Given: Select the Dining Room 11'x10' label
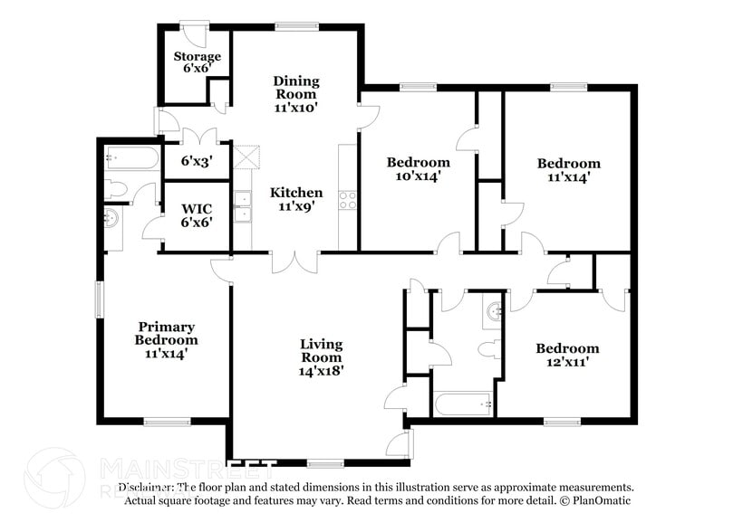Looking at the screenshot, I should click(295, 94).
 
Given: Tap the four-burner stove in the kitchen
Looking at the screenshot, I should click(348, 200).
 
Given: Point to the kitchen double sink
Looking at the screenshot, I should click(242, 207).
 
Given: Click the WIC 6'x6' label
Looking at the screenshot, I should click(197, 214).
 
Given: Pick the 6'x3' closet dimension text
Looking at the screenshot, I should click(197, 162).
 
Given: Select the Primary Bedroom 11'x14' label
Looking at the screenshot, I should click(167, 340).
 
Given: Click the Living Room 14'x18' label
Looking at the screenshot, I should click(322, 356).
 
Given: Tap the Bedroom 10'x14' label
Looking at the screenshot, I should click(418, 169).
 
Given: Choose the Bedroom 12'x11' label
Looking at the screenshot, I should click(567, 356).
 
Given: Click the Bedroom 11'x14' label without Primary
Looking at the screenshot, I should click(568, 170).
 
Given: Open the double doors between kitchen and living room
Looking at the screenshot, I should click(295, 261).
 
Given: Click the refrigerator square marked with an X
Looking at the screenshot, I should click(246, 155).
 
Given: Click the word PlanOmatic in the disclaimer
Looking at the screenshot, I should click(599, 500).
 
